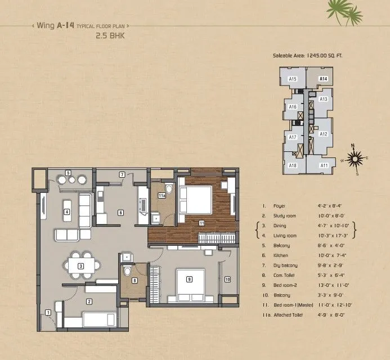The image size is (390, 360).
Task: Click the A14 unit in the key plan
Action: tap(323, 79)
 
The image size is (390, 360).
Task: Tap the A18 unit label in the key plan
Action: tap(293, 165)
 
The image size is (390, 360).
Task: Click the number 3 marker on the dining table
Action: tap(81, 265)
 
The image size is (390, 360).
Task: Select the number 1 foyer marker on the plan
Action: tap(48, 312)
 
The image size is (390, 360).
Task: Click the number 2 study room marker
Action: tap(89, 301)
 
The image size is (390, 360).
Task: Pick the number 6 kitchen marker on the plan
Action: tap(120, 213)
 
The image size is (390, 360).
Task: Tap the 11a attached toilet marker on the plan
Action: tap(162, 196)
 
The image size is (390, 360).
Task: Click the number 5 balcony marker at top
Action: tap(67, 172)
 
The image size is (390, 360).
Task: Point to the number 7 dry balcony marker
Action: tap(122, 175)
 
